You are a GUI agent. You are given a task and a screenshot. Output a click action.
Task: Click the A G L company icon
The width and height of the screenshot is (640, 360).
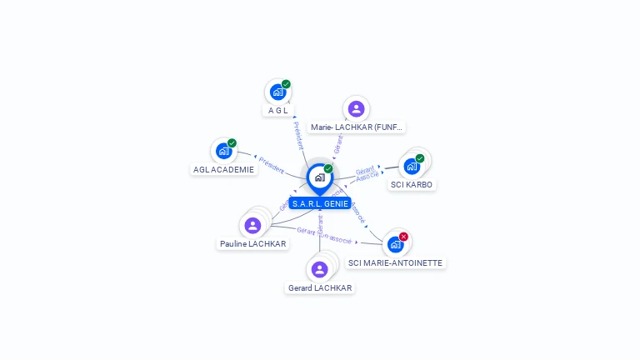pos(277,92)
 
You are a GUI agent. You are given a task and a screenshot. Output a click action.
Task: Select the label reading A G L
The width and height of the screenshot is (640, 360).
pos(277,110)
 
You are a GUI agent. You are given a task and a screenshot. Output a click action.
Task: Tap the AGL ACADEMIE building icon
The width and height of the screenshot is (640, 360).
pos(223,151)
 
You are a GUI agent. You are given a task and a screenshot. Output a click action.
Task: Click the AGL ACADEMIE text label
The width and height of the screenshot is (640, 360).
pos(223,169)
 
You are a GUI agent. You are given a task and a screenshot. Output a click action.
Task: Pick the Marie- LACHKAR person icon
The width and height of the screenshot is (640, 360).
pos(356,108)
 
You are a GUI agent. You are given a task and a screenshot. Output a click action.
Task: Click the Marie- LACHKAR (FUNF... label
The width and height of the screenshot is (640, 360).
pos(356,127)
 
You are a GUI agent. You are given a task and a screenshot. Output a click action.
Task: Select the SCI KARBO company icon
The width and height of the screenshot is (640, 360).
pos(412,166)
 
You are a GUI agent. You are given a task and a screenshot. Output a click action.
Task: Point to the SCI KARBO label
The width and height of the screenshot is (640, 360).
pos(412,184)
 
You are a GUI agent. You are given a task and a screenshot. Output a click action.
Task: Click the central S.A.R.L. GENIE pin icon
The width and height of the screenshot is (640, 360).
pos(319,177)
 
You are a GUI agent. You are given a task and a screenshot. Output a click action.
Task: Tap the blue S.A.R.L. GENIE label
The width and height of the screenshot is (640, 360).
pos(320,203)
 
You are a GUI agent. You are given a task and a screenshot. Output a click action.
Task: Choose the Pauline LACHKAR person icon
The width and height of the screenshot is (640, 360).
pos(252,225)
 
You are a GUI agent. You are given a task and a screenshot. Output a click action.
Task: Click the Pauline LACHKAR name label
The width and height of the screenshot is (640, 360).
pos(252,244)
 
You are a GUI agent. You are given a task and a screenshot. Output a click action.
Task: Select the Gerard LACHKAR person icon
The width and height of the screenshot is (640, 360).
pos(319,269)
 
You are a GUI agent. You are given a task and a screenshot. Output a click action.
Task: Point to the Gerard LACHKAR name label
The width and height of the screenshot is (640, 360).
pos(319,288)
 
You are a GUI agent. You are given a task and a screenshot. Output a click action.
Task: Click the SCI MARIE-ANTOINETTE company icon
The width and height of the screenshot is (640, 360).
pos(395,244)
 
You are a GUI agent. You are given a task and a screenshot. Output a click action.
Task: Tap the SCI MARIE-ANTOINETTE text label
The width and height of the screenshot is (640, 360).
pos(396,262)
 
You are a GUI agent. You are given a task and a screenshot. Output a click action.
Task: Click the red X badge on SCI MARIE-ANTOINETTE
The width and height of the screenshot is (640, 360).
pos(403,237)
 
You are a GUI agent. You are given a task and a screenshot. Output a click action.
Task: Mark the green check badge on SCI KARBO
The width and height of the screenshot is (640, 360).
pos(420,158)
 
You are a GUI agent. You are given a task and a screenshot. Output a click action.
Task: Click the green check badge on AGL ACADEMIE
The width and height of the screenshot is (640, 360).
pos(232,143)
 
